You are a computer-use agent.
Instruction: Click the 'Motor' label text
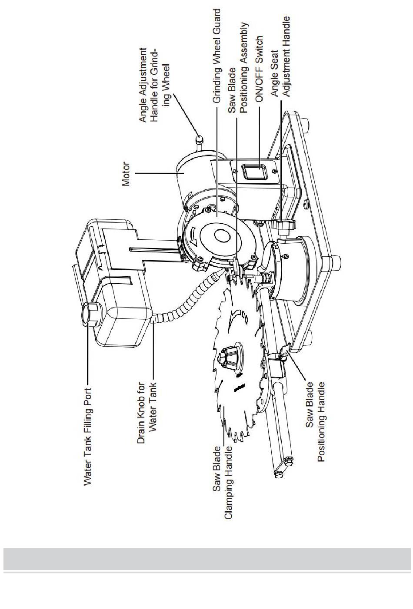click(126, 174)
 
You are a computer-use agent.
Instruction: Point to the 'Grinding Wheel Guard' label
click(216, 56)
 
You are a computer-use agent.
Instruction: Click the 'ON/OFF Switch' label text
click(259, 69)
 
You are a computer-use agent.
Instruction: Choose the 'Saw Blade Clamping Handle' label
click(223, 483)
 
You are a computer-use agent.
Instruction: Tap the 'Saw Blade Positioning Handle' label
click(315, 421)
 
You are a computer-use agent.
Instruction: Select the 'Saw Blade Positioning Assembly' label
click(238, 68)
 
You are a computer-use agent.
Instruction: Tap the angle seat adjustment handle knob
click(283, 225)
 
